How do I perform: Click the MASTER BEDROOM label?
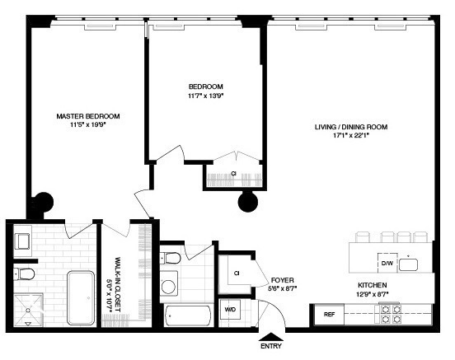click(88, 116)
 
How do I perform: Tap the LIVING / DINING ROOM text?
click(350, 127)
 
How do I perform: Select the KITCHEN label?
click(373, 285)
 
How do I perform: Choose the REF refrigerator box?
click(328, 315)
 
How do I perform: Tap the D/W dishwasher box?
click(386, 264)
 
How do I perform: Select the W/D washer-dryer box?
click(231, 311)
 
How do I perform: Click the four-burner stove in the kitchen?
click(388, 315)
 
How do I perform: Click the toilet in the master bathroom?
click(23, 273)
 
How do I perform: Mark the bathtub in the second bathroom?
click(186, 316)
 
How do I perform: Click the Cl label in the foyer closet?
click(237, 273)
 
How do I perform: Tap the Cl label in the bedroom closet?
click(234, 174)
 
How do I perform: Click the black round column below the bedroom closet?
click(248, 201)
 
